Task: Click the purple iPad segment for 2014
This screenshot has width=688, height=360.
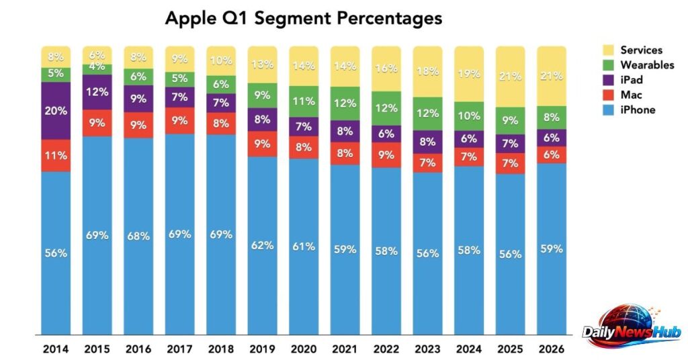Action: click(56, 111)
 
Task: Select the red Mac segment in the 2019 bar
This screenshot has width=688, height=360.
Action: click(263, 143)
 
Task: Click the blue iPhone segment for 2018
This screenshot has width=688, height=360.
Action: click(222, 234)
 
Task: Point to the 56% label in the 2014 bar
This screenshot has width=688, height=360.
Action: click(56, 253)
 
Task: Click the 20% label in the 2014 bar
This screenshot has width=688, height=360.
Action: click(56, 111)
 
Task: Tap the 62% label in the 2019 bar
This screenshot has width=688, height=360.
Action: click(263, 245)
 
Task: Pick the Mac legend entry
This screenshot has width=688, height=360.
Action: click(632, 95)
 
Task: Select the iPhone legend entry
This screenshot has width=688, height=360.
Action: click(637, 109)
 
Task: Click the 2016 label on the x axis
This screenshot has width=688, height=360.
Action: click(139, 350)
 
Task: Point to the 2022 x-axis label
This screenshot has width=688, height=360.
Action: click(387, 350)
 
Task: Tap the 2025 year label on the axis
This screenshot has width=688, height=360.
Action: click(511, 350)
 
